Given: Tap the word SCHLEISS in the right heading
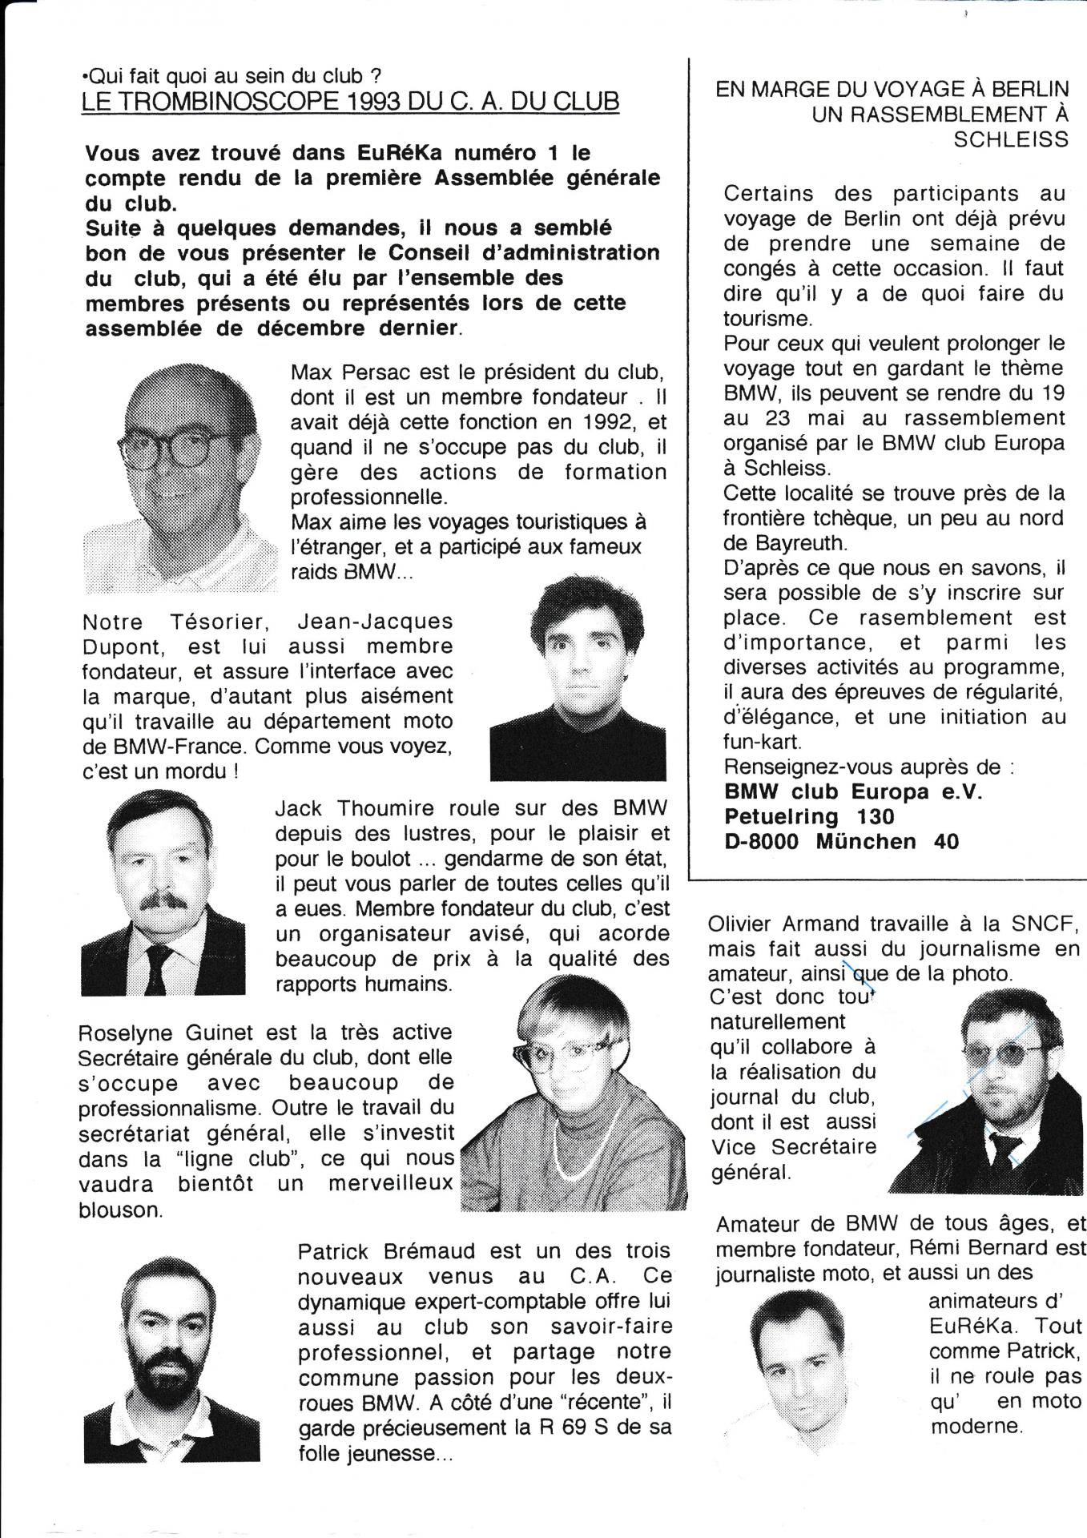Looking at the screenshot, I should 1010,139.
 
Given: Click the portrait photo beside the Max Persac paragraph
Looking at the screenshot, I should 180,477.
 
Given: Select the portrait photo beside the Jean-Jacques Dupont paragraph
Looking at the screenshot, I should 577,678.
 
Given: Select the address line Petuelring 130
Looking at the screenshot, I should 809,816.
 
